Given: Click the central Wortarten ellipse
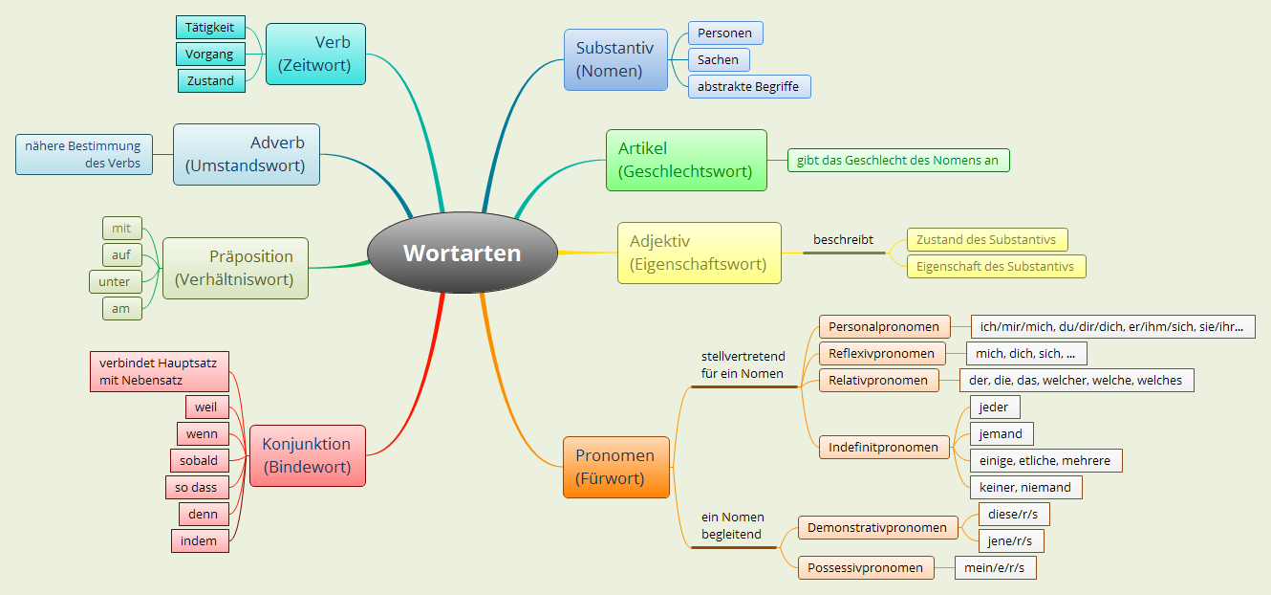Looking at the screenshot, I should (x=463, y=253).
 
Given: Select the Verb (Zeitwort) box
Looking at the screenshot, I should (x=315, y=55).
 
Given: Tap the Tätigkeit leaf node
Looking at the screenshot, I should (x=210, y=28).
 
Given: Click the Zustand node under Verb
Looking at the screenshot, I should (x=210, y=81).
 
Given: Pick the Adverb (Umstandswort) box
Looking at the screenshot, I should (x=246, y=154).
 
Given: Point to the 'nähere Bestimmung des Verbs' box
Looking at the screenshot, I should (x=84, y=154).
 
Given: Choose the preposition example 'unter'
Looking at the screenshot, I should (x=115, y=282).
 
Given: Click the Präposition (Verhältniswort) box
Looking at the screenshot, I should (x=235, y=269).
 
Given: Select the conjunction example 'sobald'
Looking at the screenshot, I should (x=200, y=460).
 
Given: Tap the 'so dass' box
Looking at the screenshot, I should (x=196, y=487).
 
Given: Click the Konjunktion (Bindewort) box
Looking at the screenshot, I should (x=307, y=455).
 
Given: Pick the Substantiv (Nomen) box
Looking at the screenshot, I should (x=614, y=59).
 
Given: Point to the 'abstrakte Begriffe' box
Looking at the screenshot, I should (x=748, y=86).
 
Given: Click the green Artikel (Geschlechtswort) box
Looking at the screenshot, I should (x=686, y=160).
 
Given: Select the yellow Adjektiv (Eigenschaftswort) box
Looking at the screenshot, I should (x=700, y=253).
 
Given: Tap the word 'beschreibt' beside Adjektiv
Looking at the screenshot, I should (x=843, y=239).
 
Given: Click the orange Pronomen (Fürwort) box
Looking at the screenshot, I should (x=615, y=467).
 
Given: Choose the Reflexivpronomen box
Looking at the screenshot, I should (x=882, y=353).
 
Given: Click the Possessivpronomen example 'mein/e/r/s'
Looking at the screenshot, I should (x=995, y=567).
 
